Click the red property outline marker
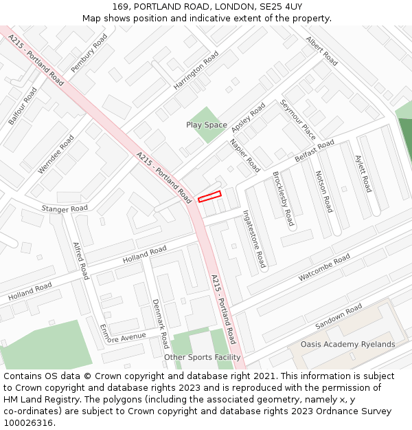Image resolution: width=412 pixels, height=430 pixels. pos(210,196)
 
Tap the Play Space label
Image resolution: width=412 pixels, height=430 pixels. pos(206,125)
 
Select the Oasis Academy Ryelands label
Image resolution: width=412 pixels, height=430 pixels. pos(347,344)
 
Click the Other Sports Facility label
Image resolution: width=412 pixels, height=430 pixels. pos(203,357)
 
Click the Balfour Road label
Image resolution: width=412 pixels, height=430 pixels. pos(23,105)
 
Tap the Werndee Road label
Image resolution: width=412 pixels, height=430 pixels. pos(56,153)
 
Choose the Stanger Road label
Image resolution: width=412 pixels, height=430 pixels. pos(65,208)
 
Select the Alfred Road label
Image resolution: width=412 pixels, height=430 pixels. pos(81,261)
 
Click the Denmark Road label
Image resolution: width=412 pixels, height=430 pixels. pos(160,323)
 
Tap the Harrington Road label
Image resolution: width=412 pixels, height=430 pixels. pos(196,69)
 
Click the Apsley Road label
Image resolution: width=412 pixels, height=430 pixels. pos(248,118)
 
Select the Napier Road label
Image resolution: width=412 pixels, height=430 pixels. pos(245,155)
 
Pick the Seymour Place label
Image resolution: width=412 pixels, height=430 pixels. pos(297,120)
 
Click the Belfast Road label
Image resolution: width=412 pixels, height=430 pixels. pos(314,151)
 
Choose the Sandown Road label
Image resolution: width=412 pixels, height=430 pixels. pos(338,316)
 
